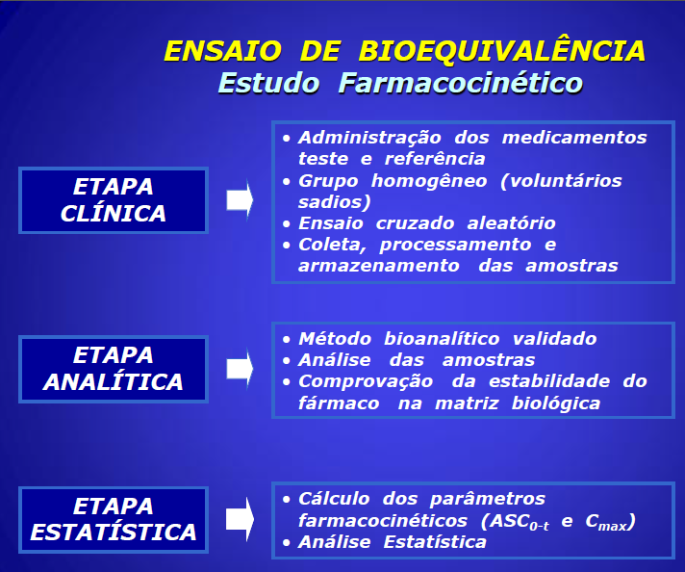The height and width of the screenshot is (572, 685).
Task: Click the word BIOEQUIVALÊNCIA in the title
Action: coord(502,50)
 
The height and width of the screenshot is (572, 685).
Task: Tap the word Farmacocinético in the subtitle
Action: coord(461,83)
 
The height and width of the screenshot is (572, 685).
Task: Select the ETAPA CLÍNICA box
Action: coord(114,200)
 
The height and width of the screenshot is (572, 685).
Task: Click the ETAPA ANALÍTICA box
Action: coord(114,369)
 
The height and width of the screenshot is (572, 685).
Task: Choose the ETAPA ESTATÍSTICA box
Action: coord(114,520)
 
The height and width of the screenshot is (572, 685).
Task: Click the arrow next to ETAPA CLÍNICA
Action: coord(240,200)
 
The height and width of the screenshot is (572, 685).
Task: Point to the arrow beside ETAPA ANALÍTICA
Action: coord(240,369)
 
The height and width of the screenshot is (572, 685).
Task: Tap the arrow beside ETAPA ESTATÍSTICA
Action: coord(240,520)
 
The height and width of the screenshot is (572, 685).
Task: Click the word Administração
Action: coord(369,139)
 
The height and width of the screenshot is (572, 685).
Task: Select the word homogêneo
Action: coord(429,181)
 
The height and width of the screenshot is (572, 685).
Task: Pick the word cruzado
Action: coord(415,223)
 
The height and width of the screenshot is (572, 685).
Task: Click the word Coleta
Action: coord(332,245)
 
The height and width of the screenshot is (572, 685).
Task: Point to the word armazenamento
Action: coord(379,266)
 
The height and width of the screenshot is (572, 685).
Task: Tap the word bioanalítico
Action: coord(442,338)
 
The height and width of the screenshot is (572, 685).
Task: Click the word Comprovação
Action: coord(366,381)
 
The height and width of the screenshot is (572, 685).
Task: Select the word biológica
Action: coord(556,403)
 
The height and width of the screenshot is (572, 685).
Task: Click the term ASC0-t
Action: coord(520,522)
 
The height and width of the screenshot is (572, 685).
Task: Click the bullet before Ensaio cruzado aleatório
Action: coord(286,224)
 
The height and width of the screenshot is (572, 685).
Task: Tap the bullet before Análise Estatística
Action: coord(286,543)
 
